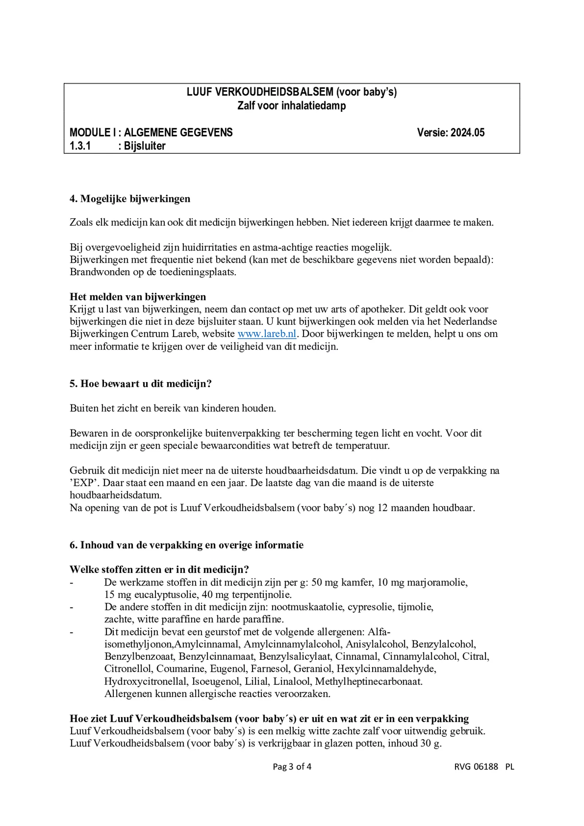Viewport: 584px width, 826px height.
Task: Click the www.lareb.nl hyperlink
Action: click(x=267, y=334)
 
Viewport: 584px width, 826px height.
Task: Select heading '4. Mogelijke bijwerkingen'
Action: click(x=130, y=199)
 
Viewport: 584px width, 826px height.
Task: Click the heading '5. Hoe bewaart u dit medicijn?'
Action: click(x=141, y=384)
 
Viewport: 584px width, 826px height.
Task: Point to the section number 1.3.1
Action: click(x=80, y=146)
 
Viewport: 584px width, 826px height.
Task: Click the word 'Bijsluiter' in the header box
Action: click(x=145, y=146)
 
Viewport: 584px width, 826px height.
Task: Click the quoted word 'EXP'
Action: click(x=82, y=483)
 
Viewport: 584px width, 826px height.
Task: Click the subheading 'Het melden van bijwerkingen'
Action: click(x=138, y=297)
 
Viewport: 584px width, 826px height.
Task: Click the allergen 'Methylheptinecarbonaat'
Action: click(x=368, y=681)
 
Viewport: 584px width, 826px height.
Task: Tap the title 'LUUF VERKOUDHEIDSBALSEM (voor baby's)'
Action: click(x=292, y=92)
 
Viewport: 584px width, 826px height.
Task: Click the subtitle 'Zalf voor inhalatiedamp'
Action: click(x=292, y=106)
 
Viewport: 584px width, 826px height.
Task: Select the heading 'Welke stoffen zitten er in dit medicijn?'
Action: click(x=159, y=569)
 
